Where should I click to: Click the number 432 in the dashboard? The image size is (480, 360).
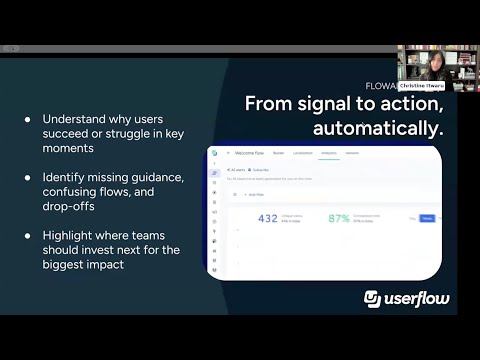tap(266, 218)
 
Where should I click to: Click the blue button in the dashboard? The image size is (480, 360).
tap(427, 217)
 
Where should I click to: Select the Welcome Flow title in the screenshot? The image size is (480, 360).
tap(251, 153)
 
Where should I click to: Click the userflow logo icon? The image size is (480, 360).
tap(373, 299)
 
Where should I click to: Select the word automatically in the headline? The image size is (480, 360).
tap(378, 129)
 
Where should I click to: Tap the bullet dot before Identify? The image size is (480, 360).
tap(27, 177)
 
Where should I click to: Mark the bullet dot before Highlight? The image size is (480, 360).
tap(27, 235)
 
